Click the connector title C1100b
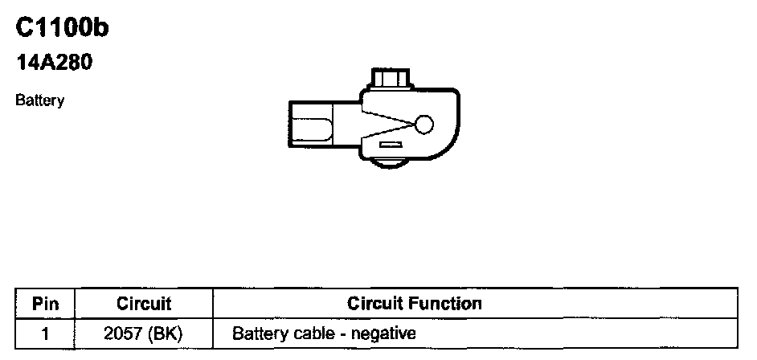coord(63,29)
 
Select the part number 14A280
coord(55,63)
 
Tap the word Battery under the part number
coord(39,102)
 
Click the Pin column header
coord(44,304)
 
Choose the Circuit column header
coord(144,304)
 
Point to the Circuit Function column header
coord(414,304)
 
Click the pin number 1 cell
coord(44,332)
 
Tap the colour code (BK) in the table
coord(166,332)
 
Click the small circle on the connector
coord(424,125)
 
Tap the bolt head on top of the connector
coord(390,81)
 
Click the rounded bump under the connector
coord(388,163)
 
